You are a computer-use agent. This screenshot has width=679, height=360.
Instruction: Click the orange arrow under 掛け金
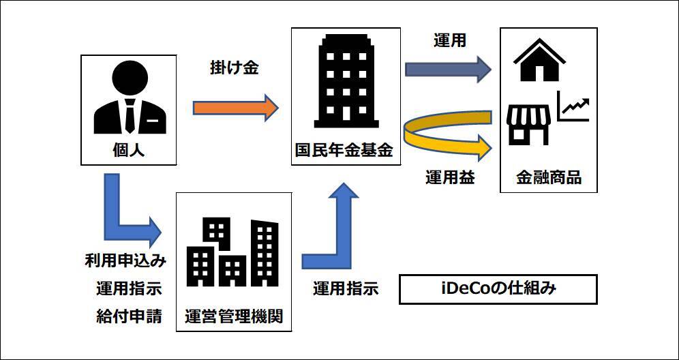[235, 108]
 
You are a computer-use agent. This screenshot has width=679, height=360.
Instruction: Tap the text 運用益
[450, 179]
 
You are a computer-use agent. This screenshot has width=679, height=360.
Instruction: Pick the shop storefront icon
[528, 123]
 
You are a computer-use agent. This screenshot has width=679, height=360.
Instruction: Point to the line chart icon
[573, 108]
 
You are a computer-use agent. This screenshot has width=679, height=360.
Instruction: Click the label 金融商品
[548, 179]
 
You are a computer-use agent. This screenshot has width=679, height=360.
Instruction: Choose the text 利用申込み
[126, 260]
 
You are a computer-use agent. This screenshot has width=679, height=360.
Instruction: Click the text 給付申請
[129, 316]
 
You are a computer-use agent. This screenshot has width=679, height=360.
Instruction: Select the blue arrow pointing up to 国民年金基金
[335, 232]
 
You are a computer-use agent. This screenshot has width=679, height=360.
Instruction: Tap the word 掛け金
[235, 68]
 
